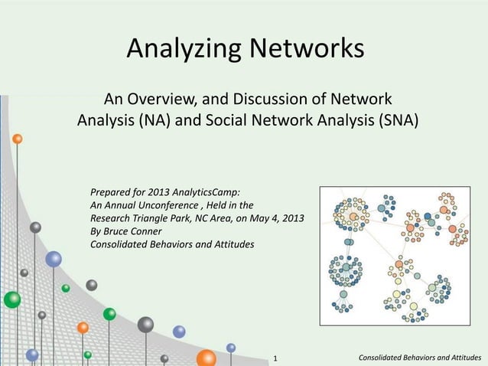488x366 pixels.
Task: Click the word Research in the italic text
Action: [112, 219]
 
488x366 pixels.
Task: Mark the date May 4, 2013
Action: [275, 219]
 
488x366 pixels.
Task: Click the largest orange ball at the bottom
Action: [206, 358]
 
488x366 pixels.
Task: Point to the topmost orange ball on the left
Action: [17, 139]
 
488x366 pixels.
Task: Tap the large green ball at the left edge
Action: [11, 299]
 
